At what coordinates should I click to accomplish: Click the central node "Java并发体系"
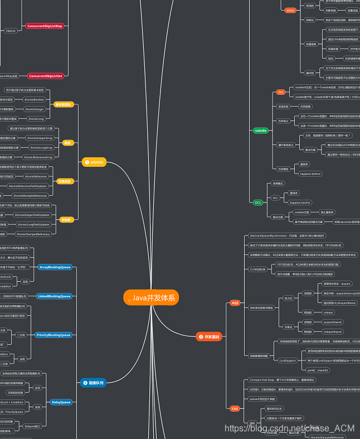tap(151, 298)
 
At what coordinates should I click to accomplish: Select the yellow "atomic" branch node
tap(93, 162)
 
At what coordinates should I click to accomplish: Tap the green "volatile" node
tap(260, 131)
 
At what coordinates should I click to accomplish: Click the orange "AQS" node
tap(235, 303)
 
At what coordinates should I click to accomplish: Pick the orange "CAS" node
tap(235, 408)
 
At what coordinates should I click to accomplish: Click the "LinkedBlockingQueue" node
tap(54, 296)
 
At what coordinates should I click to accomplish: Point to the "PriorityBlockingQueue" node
tap(53, 335)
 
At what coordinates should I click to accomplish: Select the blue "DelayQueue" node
tap(61, 402)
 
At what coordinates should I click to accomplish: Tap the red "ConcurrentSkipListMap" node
tap(45, 26)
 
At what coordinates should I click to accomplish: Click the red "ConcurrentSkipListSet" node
tap(45, 75)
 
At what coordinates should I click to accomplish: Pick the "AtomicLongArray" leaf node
tap(41, 148)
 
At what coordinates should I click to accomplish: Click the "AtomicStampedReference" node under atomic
tap(33, 234)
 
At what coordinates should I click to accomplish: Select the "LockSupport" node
tap(287, 360)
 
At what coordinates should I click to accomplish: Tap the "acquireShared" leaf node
tap(332, 322)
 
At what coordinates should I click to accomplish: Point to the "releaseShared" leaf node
tap(332, 331)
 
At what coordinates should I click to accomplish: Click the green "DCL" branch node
tap(258, 202)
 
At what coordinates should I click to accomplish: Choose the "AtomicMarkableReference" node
tap(30, 196)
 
